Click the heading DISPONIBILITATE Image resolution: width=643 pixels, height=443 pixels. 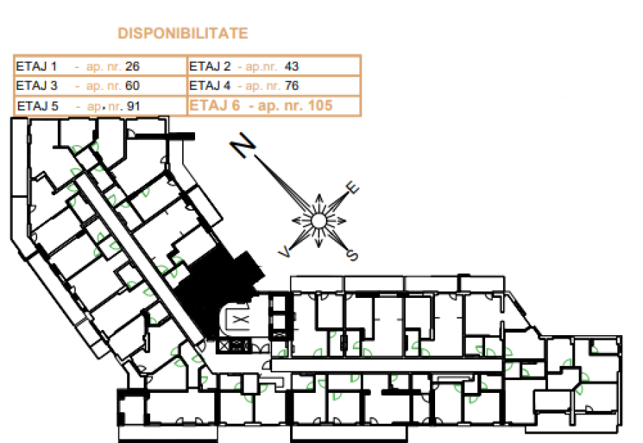pyautogui.click(x=183, y=33)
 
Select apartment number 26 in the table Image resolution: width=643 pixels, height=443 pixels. pyautogui.click(x=132, y=66)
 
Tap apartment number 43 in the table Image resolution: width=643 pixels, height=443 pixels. pyautogui.click(x=291, y=66)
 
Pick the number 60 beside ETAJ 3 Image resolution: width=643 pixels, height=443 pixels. pyautogui.click(x=132, y=85)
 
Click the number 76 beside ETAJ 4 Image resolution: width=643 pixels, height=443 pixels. pyautogui.click(x=291, y=85)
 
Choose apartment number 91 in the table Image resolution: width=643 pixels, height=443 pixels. pyautogui.click(x=134, y=106)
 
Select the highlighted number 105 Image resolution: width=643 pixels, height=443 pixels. pyautogui.click(x=320, y=106)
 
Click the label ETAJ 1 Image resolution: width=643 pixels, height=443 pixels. pyautogui.click(x=36, y=66)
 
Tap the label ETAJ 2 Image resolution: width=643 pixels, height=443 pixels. pyautogui.click(x=210, y=66)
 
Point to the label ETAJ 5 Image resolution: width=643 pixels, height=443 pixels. pyautogui.click(x=38, y=106)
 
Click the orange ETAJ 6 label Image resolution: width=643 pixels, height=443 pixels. pyautogui.click(x=214, y=106)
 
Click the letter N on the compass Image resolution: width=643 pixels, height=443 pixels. pyautogui.click(x=243, y=145)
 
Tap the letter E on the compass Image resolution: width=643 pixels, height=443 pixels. pyautogui.click(x=352, y=187)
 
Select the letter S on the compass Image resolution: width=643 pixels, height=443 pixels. pyautogui.click(x=352, y=255)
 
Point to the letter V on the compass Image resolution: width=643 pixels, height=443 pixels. pyautogui.click(x=284, y=252)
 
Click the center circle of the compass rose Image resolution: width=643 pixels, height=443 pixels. pyautogui.click(x=319, y=221)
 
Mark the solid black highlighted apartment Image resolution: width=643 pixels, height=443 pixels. pyautogui.click(x=216, y=287)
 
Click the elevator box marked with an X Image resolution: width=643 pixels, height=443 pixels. pyautogui.click(x=241, y=319)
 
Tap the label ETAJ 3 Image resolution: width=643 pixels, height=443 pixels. pyautogui.click(x=36, y=85)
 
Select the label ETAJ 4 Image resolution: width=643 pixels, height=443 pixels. pyautogui.click(x=210, y=85)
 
